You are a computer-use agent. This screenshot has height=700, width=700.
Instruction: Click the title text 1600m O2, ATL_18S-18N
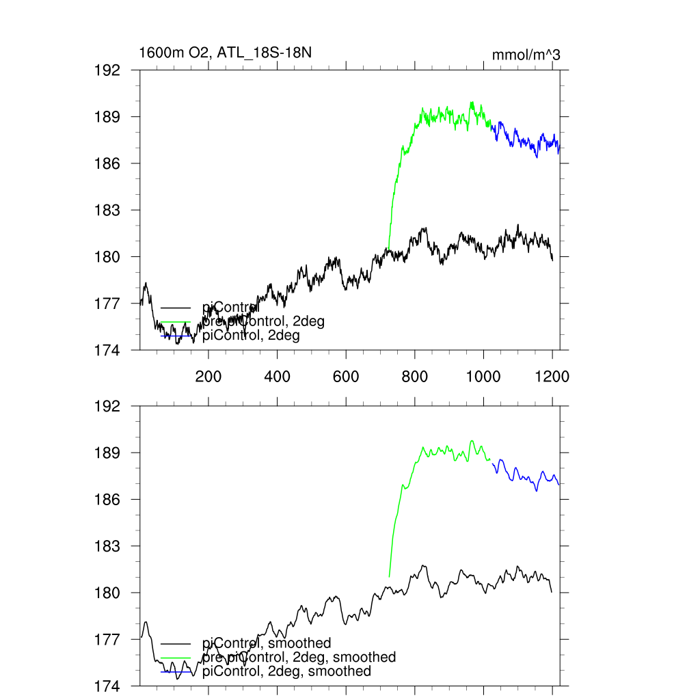click(x=226, y=53)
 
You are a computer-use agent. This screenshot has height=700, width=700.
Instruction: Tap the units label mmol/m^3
click(x=526, y=55)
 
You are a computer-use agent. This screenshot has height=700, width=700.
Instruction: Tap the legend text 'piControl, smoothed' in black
click(x=267, y=643)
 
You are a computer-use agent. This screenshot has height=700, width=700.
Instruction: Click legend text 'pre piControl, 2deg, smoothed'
click(x=299, y=657)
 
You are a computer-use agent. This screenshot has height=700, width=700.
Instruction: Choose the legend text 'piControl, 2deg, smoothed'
click(x=286, y=671)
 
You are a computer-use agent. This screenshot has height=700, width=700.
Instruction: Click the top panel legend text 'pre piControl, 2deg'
click(x=263, y=321)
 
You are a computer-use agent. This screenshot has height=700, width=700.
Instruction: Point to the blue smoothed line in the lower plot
click(x=526, y=479)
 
